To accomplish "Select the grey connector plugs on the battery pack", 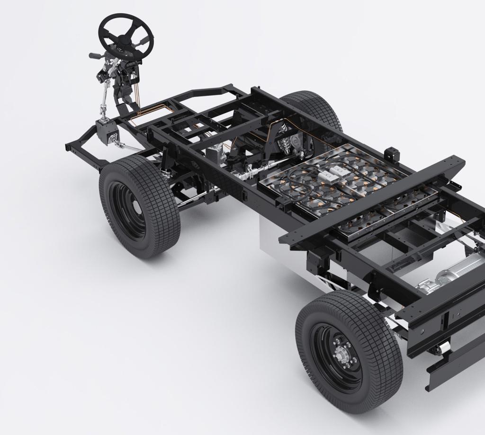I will pyautogui.click(x=332, y=173).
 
